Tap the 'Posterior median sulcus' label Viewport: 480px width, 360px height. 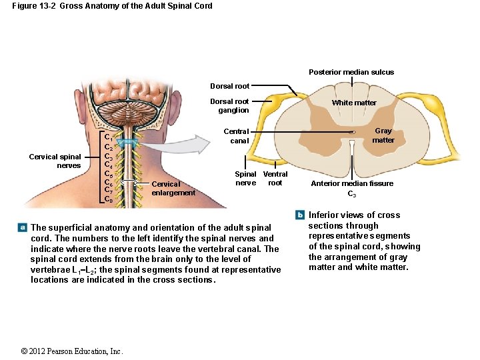click(351, 72)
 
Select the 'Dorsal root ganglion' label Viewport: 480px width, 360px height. click(229, 106)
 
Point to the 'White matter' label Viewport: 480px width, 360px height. click(354, 103)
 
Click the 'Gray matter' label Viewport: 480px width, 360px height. click(383, 136)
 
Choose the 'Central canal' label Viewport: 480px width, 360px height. click(236, 136)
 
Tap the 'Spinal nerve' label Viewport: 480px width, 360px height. click(245, 179)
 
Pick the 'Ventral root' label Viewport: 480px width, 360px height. click(275, 179)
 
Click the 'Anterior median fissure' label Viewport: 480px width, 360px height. click(351, 183)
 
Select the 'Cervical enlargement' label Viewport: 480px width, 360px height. click(173, 189)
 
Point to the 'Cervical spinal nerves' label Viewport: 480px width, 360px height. click(55, 161)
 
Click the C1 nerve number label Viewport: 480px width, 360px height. click(107, 138)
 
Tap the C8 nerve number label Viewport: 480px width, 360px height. click(107, 199)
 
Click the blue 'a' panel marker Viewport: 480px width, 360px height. click(23, 227)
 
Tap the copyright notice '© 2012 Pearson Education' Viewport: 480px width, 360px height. click(71, 351)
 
